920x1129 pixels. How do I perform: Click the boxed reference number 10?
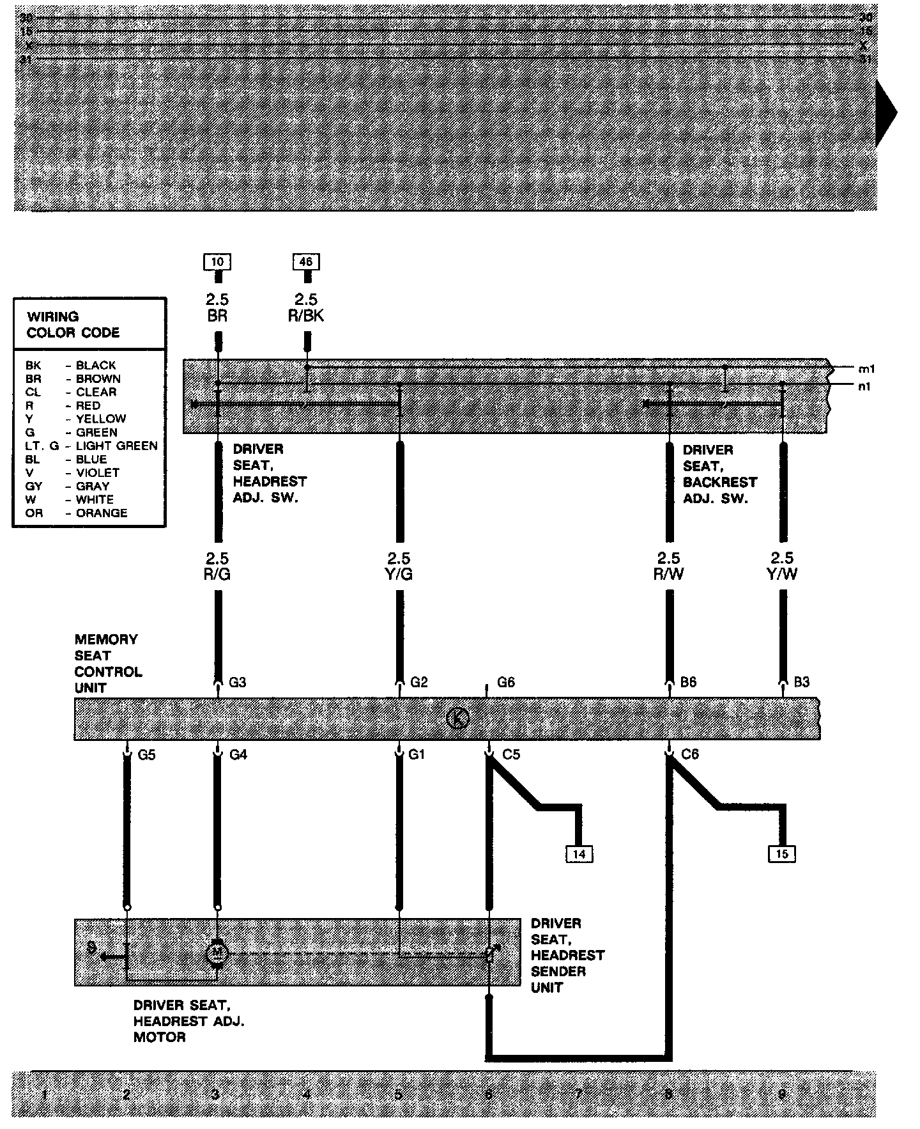[217, 261]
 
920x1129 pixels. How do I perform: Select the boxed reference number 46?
[306, 261]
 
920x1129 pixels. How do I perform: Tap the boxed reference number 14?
[579, 853]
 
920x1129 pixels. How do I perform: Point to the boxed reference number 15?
[782, 853]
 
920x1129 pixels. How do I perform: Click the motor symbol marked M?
[217, 953]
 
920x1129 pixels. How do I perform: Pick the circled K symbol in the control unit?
[457, 718]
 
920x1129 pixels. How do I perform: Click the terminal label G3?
[237, 682]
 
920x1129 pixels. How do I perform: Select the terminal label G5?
[147, 755]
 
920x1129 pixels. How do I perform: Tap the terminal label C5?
[511, 755]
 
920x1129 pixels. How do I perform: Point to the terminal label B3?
[801, 682]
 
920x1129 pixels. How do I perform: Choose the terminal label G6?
[505, 682]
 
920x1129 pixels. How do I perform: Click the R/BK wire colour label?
[306, 316]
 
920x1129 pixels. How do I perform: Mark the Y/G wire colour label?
[399, 574]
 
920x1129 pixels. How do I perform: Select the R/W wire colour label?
[668, 574]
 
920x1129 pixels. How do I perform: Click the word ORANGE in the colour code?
[101, 513]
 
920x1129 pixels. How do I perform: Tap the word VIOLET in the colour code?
[97, 472]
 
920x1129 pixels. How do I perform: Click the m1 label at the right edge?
[866, 369]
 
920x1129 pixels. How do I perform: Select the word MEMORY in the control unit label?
[106, 639]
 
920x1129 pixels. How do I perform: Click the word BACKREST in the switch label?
[719, 482]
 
